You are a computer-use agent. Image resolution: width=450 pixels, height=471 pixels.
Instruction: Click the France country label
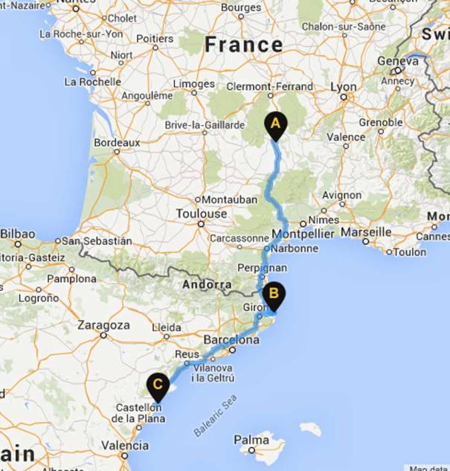click(x=244, y=45)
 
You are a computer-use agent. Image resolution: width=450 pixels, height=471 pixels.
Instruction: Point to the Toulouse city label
click(x=201, y=214)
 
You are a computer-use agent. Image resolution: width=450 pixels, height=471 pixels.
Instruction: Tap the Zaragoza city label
click(x=104, y=325)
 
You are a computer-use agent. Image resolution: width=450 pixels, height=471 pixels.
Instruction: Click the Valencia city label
click(x=123, y=446)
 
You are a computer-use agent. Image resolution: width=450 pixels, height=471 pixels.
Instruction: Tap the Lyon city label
click(x=344, y=87)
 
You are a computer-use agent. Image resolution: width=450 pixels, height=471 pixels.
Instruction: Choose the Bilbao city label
click(x=17, y=234)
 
